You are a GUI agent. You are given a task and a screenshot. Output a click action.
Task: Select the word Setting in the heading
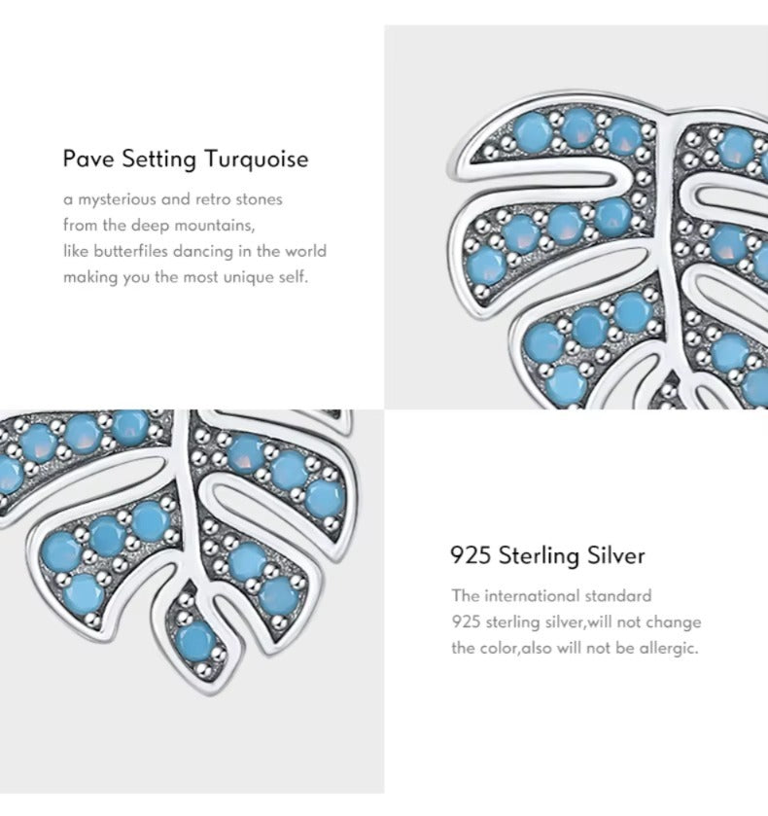click(158, 160)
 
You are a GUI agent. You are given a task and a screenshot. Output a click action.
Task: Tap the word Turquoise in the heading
click(256, 160)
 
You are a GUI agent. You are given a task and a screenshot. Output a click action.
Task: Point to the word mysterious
click(117, 199)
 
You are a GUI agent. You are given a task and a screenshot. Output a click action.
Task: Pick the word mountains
click(214, 226)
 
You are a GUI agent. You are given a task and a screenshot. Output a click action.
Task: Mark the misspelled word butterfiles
click(130, 251)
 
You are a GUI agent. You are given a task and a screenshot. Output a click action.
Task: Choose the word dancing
click(203, 252)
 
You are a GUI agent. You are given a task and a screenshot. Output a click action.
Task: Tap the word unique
click(249, 277)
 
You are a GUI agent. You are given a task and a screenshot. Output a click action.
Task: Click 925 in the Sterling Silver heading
click(471, 555)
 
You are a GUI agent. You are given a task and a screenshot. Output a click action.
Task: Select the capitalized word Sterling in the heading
click(539, 556)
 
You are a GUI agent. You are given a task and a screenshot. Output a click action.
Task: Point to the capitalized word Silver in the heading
click(616, 555)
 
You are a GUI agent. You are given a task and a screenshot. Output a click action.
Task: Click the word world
click(305, 251)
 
